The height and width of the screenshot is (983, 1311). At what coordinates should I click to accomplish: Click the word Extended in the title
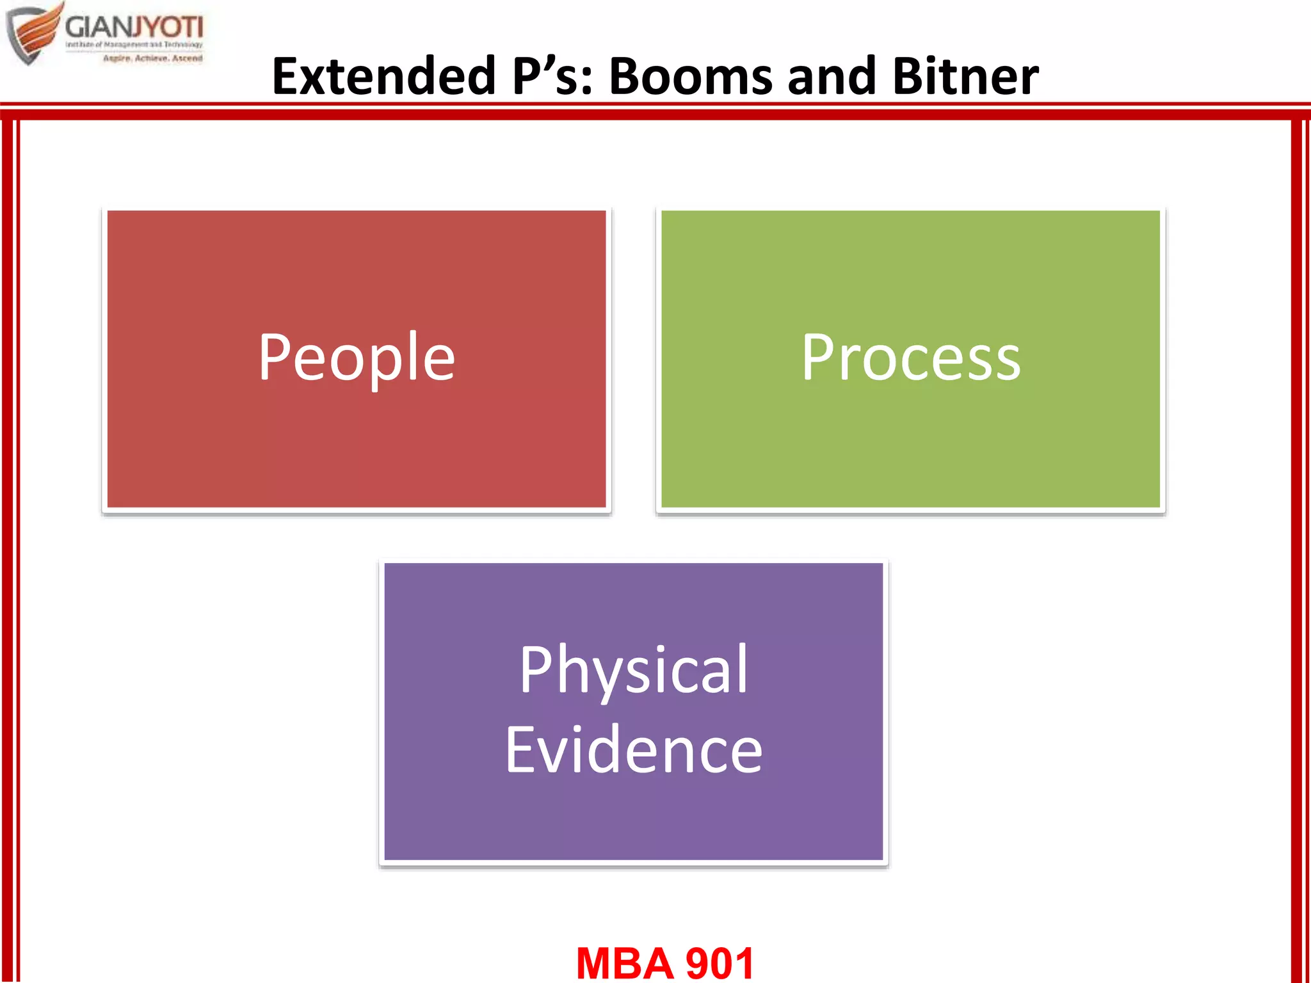(x=383, y=76)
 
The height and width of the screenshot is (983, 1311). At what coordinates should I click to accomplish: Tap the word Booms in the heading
(x=691, y=76)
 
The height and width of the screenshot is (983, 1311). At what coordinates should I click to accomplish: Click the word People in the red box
(x=357, y=358)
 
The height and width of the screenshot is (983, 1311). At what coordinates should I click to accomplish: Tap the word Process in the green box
(x=910, y=358)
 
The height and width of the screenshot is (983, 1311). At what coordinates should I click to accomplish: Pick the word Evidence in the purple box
(x=633, y=750)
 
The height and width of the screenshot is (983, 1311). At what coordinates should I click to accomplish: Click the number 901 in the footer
(x=720, y=963)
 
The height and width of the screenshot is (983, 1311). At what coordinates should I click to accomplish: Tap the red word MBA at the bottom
(x=624, y=963)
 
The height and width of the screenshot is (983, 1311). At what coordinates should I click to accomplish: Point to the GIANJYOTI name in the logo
(x=134, y=28)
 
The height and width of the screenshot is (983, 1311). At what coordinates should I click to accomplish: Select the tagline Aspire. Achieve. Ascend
(x=152, y=58)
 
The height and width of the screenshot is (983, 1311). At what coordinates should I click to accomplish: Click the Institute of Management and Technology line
(x=134, y=45)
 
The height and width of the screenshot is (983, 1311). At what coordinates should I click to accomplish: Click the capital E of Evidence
(x=522, y=750)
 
